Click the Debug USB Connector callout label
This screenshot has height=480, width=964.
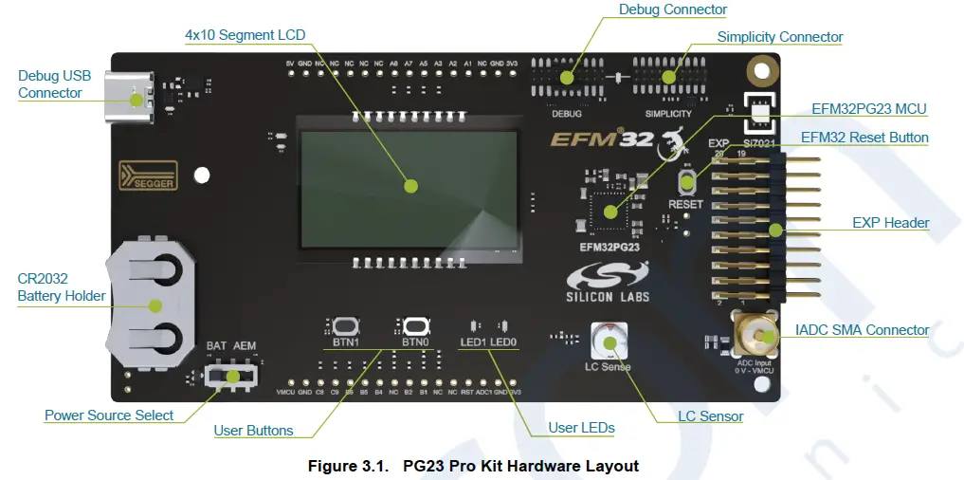pos(50,84)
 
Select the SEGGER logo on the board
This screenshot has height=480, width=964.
pos(148,176)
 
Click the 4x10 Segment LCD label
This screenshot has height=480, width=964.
pos(245,35)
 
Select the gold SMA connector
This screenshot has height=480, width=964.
pos(755,334)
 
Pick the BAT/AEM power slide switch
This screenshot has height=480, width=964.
pos(230,377)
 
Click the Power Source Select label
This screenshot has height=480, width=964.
pos(109,415)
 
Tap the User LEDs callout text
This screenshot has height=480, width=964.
pos(581,428)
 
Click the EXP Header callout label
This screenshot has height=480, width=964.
pos(890,223)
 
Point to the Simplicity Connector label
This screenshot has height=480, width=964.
pos(779,37)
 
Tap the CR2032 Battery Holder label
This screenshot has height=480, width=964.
pos(62,287)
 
